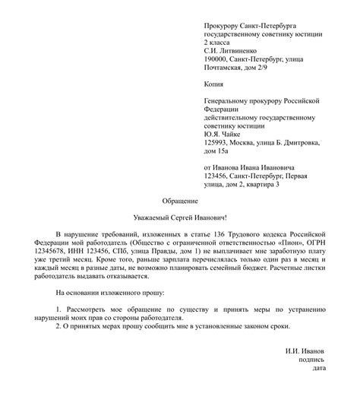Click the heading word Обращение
tap(180, 201)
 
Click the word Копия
tap(216, 84)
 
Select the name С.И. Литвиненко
tap(232, 50)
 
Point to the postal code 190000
tap(219, 59)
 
